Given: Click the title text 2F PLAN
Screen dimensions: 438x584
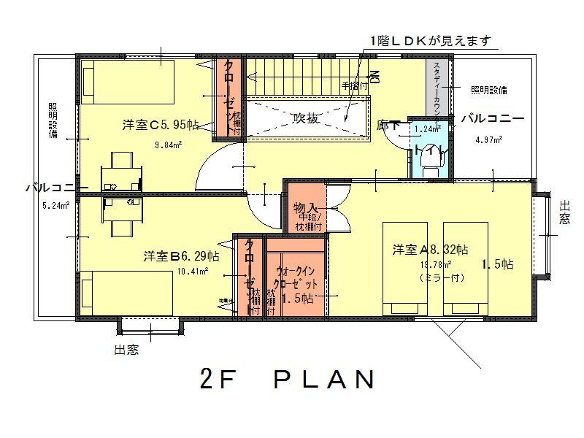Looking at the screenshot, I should click(287, 380).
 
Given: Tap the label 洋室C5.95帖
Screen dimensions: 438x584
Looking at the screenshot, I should click(161, 125).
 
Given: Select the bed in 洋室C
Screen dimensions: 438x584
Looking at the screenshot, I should click(128, 82).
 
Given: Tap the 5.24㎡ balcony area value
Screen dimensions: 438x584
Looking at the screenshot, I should click(55, 205).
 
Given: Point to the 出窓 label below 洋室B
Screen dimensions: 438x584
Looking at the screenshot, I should click(126, 350).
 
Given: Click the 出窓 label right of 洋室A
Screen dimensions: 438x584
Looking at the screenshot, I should click(564, 212).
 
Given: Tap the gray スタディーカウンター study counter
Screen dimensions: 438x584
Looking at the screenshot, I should click(437, 85).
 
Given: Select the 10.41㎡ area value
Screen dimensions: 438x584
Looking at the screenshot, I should click(193, 272).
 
